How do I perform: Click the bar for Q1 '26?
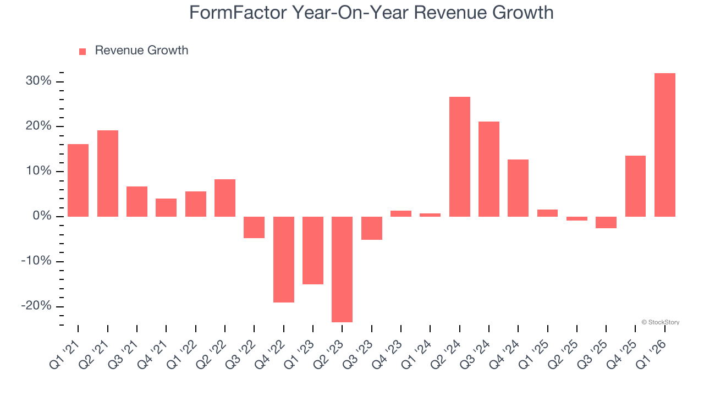pos(665,145)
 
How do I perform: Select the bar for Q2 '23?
pos(342,269)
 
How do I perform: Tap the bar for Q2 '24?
pos(460,157)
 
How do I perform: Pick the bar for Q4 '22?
pos(284,259)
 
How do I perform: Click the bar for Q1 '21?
pos(78,180)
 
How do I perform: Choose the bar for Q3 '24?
pos(489,169)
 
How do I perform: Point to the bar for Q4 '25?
pos(635,186)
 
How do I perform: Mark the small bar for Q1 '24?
pos(430,215)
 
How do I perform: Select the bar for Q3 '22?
pos(254,227)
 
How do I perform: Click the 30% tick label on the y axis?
pos(38,81)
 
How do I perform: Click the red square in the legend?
pos(82,51)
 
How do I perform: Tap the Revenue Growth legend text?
pos(141,51)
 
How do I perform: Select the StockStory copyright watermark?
pos(660,322)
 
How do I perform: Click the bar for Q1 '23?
pos(313,250)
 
